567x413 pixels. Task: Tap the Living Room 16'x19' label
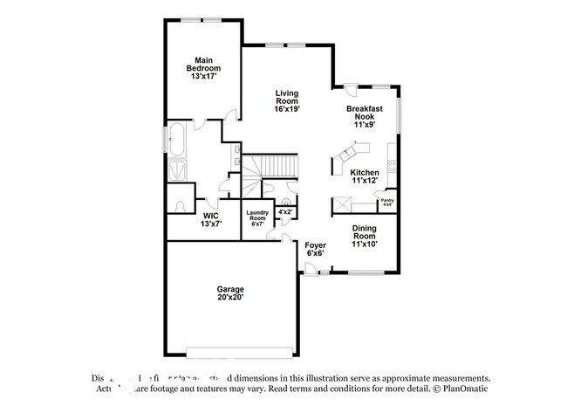[x=288, y=101]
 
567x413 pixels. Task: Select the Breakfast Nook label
[x=365, y=116]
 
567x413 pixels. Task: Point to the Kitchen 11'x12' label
[x=365, y=177]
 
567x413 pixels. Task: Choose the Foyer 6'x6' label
[x=315, y=249]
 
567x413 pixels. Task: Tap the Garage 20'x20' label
[x=230, y=293]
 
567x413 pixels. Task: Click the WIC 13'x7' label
[x=210, y=220]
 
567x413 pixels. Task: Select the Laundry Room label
[x=256, y=216]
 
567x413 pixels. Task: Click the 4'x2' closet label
[x=285, y=211]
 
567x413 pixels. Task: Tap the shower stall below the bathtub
[x=176, y=169]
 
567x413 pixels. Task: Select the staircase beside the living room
[x=270, y=166]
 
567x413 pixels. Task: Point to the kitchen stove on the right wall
[x=393, y=166]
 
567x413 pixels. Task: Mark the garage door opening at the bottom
[x=230, y=353]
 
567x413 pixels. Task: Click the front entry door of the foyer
[x=311, y=272]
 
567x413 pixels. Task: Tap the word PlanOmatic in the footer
[x=466, y=389]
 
